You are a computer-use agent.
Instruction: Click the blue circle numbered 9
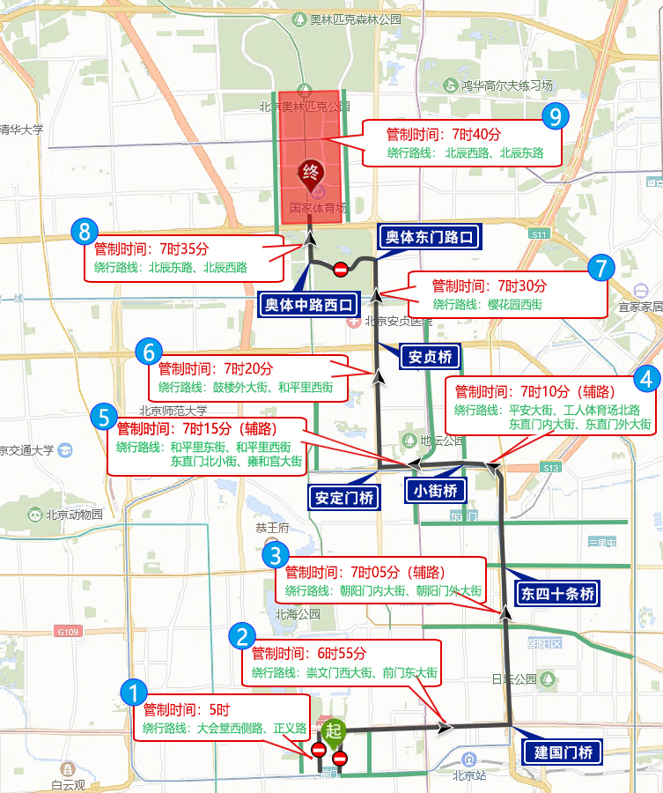click(x=555, y=115)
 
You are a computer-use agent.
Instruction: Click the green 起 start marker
click(x=332, y=730)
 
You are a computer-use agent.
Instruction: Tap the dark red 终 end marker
click(x=309, y=171)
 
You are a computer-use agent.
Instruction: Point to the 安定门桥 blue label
click(x=344, y=497)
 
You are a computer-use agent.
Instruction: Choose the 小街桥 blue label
click(x=435, y=491)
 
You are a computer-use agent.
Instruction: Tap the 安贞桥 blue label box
click(x=431, y=357)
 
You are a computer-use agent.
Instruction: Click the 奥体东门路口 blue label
click(x=431, y=237)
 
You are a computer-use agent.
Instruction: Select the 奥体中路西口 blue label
click(x=311, y=305)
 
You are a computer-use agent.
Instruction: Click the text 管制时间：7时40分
click(x=444, y=135)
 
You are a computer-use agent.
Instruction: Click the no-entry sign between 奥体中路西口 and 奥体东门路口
click(x=341, y=269)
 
